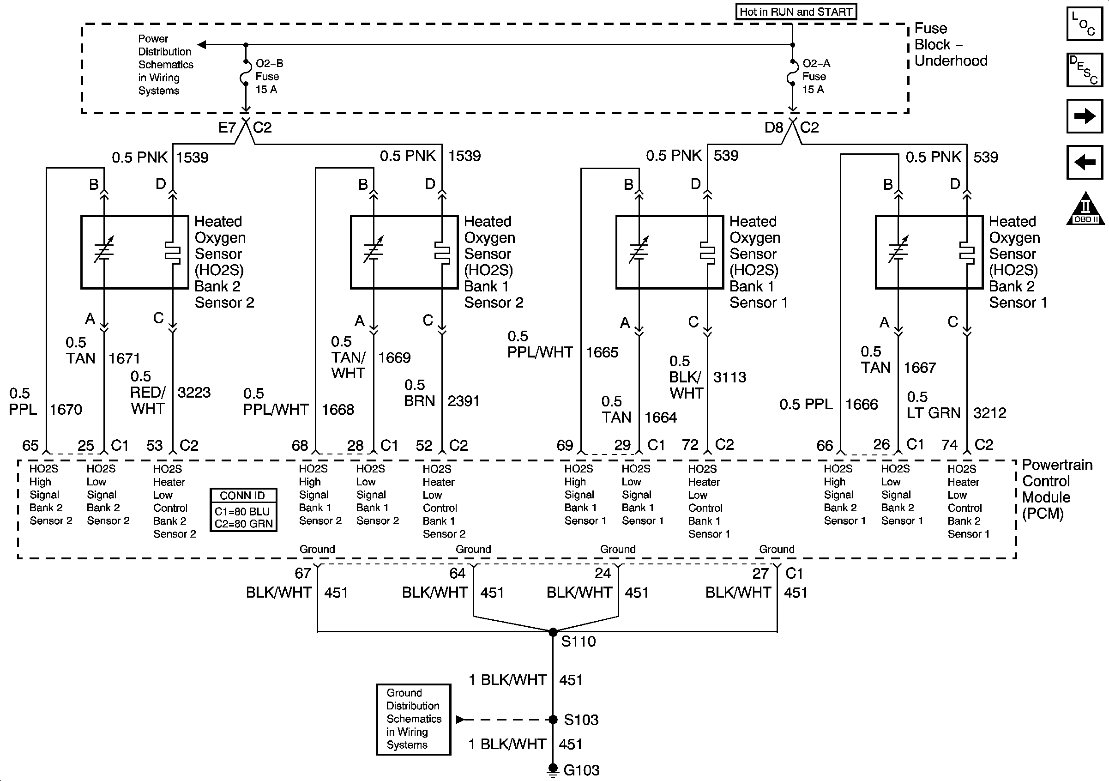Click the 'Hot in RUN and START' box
coord(796,12)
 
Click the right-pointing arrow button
coord(1085,116)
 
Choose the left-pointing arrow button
coord(1085,162)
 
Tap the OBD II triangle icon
coord(1085,208)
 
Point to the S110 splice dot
coord(553,632)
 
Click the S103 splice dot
coord(553,720)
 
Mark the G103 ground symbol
coord(553,770)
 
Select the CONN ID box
coord(243,510)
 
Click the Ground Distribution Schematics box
coord(414,719)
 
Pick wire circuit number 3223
coord(194,393)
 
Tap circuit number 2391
coord(463,401)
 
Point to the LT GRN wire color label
coord(934,413)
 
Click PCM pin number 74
coord(949,445)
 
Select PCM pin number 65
coord(30,446)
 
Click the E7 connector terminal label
coord(227,127)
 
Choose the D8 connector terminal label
coord(774,127)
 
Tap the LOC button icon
coord(1085,23)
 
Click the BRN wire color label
coord(420,401)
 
